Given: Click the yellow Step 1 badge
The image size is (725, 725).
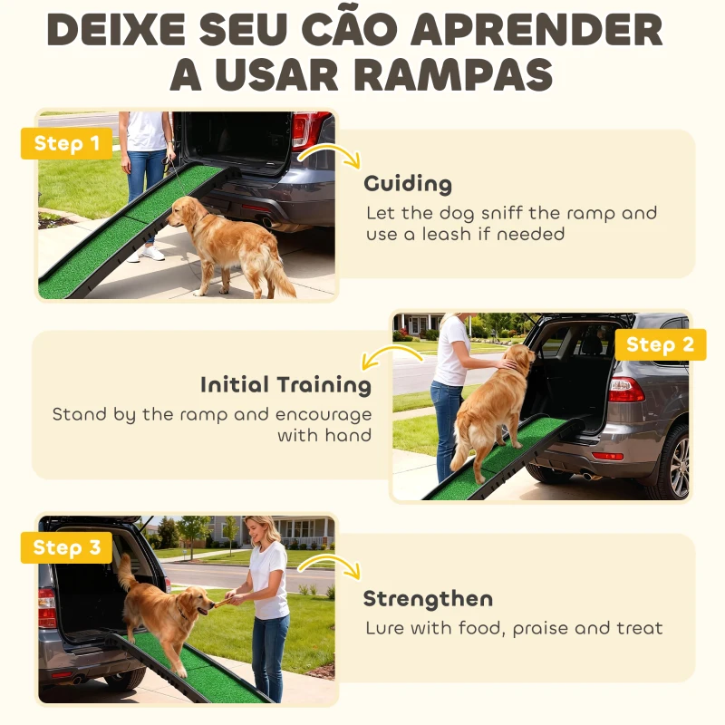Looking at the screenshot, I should pyautogui.click(x=66, y=143).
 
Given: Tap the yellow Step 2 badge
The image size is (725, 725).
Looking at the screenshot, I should pyautogui.click(x=660, y=344).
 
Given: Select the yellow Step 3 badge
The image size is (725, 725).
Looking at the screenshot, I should pyautogui.click(x=66, y=547).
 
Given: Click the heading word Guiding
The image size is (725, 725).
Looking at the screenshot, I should pyautogui.click(x=408, y=184).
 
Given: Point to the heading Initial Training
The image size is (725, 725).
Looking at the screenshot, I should pyautogui.click(x=285, y=385).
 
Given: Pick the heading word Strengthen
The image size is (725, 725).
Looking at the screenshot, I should pyautogui.click(x=428, y=599).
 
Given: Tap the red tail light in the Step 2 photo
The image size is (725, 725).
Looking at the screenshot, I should pyautogui.click(x=625, y=390).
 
